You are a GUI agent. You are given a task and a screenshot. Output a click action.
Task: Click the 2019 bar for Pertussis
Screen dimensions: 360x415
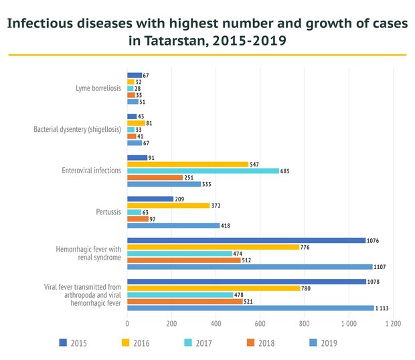coord(173,226)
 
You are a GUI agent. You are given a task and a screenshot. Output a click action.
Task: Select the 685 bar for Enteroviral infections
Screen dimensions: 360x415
coord(203,171)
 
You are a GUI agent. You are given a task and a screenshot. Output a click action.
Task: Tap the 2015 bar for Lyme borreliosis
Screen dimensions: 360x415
coord(134,75)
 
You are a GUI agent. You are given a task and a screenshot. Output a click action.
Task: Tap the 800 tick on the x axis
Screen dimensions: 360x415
coord(304,323)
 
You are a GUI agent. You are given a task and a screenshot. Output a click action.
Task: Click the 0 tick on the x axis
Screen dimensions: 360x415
coord(127,323)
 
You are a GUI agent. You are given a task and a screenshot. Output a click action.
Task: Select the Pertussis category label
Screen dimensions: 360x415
coord(108,212)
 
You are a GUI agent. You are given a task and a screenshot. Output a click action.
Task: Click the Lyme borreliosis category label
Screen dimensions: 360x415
coord(98,88)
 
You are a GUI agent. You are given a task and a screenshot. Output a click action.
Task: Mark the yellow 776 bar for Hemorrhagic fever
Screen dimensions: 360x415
coord(213,247)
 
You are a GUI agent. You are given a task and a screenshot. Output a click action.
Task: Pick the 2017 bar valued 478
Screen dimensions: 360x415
coord(180,295)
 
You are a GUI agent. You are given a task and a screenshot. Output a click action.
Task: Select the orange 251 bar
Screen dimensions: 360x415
coord(155,177)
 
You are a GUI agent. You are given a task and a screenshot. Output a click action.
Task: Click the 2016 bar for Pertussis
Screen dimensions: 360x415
coord(168,205)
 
